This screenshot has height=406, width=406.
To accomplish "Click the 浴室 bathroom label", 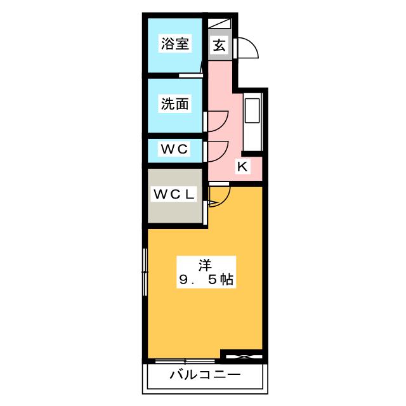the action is [x=175, y=43].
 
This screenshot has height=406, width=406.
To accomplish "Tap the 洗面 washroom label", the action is [x=175, y=103].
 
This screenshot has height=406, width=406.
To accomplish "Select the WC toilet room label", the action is [x=174, y=149].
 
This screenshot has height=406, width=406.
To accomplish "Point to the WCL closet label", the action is [x=174, y=194].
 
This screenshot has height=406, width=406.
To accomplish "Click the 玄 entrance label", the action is [x=219, y=45].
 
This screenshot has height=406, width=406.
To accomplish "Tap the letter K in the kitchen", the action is [x=242, y=166].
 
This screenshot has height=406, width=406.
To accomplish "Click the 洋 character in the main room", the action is [x=205, y=265].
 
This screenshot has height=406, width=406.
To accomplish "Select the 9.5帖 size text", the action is [x=206, y=280].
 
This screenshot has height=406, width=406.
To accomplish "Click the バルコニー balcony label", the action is [x=205, y=375].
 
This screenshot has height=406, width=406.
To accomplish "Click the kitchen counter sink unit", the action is [x=252, y=122].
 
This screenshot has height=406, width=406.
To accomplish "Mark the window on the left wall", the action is [x=145, y=272].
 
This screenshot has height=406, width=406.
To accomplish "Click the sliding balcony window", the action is [x=185, y=360].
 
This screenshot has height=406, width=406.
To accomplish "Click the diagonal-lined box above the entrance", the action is [x=219, y=23].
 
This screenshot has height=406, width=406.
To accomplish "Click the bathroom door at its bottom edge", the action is [x=190, y=75].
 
